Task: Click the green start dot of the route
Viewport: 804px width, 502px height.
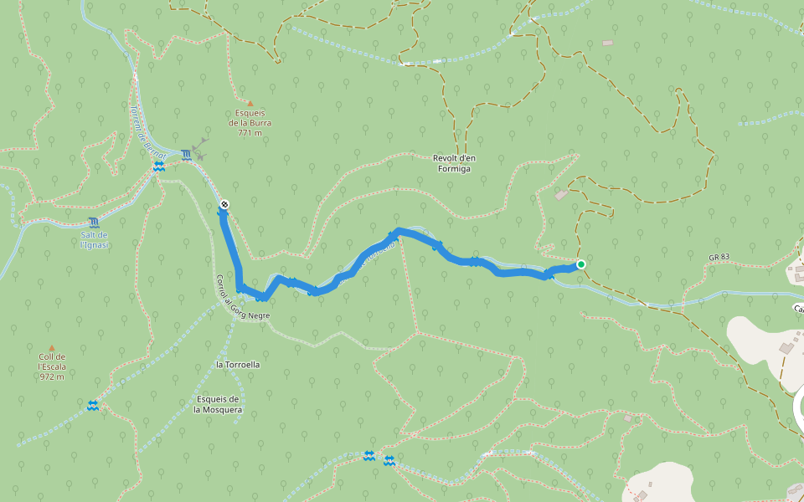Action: coord(580,264)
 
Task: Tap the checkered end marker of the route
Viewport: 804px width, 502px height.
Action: coord(224,204)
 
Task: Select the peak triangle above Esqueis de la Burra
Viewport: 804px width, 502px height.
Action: coord(250,104)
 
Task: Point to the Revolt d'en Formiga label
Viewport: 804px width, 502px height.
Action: coord(451,163)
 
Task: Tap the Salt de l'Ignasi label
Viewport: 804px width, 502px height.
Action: coord(94,239)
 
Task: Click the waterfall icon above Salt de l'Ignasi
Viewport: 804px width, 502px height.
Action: coord(93,223)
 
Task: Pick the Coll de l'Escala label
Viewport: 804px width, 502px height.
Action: coord(51,361)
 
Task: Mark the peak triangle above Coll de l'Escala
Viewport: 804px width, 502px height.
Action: coord(51,347)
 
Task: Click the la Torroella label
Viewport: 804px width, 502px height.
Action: coord(238,365)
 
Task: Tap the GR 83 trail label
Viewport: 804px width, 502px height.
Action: coord(719,258)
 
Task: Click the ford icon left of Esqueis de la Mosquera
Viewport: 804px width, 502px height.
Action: coord(92,406)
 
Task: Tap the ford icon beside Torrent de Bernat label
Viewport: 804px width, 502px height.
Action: coord(158,167)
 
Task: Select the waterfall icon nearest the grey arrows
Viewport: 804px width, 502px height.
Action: coord(185,155)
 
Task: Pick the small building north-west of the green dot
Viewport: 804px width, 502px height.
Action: coord(560,195)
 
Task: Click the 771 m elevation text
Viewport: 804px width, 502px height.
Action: coord(250,133)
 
